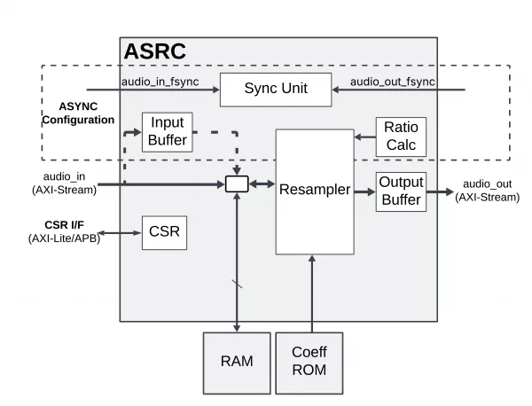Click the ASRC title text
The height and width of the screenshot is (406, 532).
click(154, 51)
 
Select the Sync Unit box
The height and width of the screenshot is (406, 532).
click(275, 89)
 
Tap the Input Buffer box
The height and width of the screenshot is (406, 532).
click(167, 130)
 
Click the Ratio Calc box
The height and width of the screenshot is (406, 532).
click(401, 137)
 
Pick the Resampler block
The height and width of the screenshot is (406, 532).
click(314, 190)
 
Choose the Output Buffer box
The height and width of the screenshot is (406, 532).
click(401, 191)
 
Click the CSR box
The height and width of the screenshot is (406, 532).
click(165, 233)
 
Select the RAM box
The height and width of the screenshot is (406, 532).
click(237, 362)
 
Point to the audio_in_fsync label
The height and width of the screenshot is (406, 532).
click(160, 82)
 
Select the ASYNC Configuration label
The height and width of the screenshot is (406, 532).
click(79, 113)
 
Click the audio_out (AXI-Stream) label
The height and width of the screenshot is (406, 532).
click(487, 190)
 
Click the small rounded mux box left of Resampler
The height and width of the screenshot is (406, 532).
click(237, 183)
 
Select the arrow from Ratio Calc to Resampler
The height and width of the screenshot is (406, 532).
click(365, 137)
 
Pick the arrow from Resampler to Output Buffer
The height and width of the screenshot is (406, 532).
click(364, 190)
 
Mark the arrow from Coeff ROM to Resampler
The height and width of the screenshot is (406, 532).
click(312, 293)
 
